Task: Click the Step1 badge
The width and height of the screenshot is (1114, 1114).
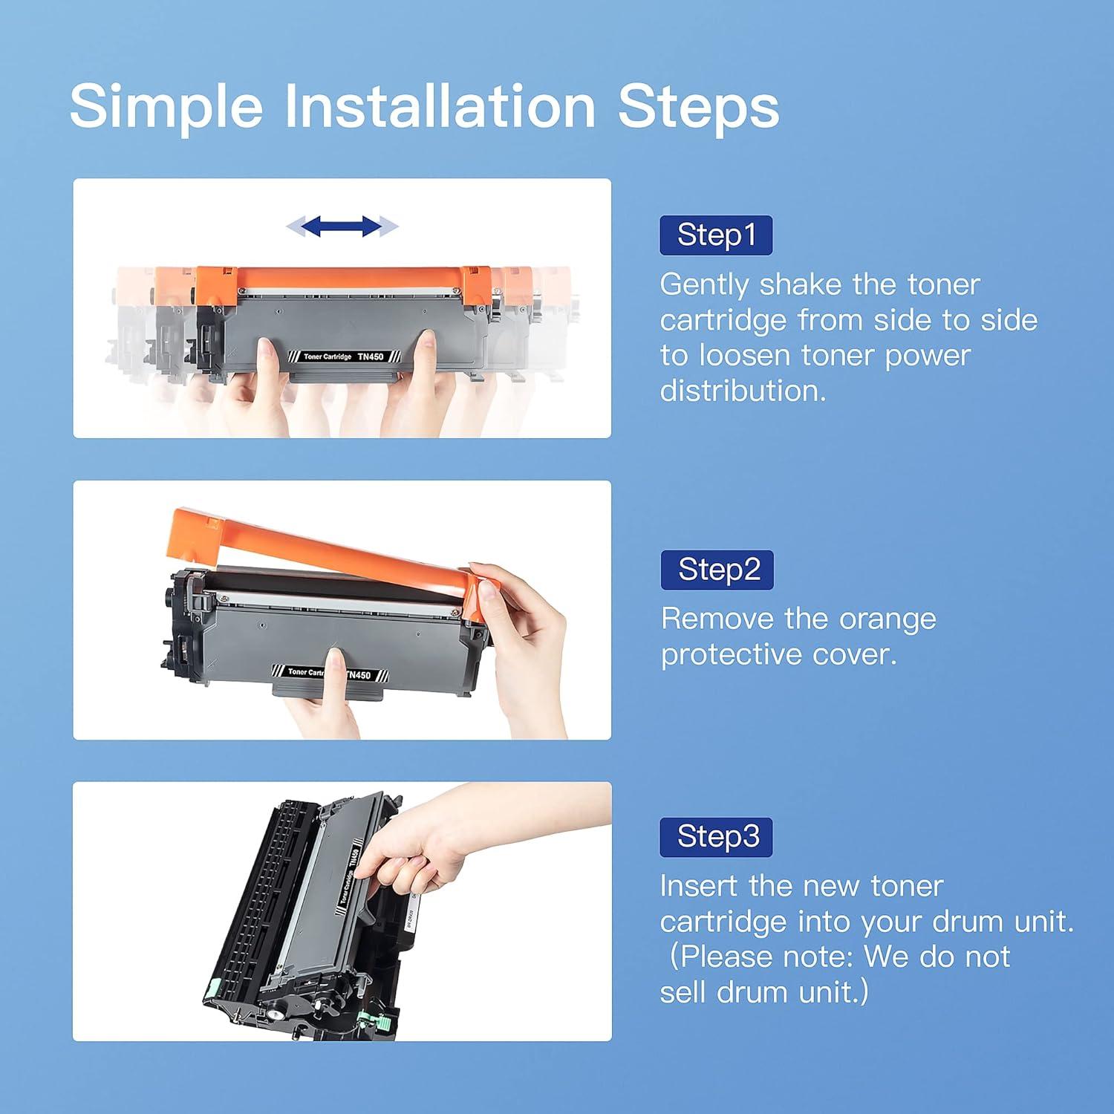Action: pos(716,235)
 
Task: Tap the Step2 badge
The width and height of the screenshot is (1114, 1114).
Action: pos(717,570)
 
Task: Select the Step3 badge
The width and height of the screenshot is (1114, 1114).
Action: pos(717,837)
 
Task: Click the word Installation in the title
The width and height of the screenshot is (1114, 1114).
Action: pos(440,105)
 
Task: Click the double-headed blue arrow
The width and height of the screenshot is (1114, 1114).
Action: pos(342,227)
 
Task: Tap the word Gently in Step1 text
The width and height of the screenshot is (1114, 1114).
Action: pos(704,286)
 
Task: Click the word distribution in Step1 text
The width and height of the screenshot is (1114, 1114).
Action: pos(743,391)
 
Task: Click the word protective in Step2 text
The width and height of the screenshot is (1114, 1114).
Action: pos(732,656)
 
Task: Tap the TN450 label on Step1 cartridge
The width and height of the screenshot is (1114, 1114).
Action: pos(371,357)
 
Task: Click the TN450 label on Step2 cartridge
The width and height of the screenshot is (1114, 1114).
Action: pos(359,675)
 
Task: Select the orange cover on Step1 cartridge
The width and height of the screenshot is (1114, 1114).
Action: pos(344,285)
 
